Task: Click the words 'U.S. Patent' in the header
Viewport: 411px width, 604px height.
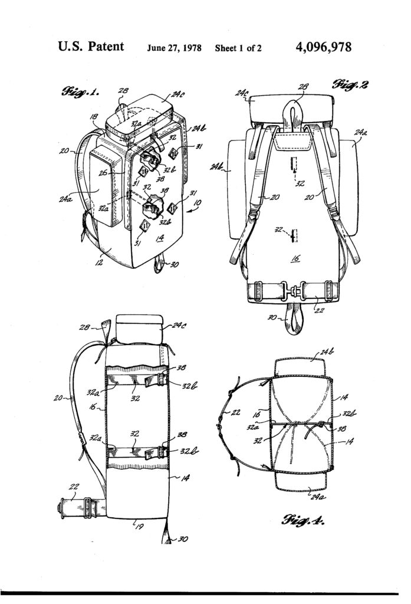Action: click(x=91, y=47)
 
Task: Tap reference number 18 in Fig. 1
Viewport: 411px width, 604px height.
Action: click(x=94, y=118)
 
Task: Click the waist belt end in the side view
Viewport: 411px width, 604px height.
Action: click(x=64, y=506)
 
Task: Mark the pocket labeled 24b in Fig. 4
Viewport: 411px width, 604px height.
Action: click(x=301, y=367)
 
